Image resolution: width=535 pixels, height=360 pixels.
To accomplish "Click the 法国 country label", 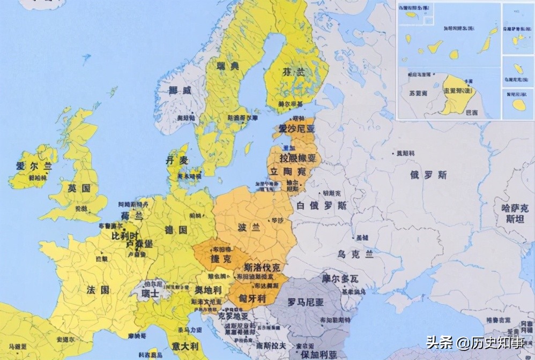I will (x=98, y=290).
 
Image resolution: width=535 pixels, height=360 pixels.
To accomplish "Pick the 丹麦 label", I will (x=177, y=160).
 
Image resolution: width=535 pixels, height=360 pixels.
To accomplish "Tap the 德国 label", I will (x=176, y=230).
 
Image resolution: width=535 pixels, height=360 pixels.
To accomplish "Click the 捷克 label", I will (x=221, y=259).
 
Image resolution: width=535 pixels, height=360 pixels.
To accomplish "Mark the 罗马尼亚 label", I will (x=306, y=303).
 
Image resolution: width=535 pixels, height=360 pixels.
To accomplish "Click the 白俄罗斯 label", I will (x=322, y=206).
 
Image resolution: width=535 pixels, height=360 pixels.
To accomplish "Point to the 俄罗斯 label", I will (x=428, y=175).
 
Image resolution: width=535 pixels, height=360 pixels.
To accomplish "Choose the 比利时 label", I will (x=124, y=236).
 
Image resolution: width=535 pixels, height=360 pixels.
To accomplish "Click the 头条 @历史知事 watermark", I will (x=475, y=342).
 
